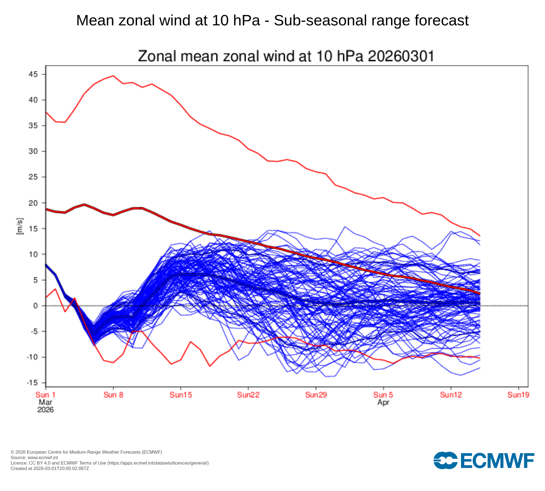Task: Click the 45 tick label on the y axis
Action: point(33,74)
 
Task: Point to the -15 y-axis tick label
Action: point(32,383)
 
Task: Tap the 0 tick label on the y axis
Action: point(35,306)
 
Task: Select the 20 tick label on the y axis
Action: point(33,203)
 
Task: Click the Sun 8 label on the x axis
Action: point(113,395)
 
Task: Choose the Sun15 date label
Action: point(181,395)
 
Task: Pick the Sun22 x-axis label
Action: point(248,395)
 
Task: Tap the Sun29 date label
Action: point(316,395)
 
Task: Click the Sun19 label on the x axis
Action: point(518,395)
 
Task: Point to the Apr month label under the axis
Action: point(383,402)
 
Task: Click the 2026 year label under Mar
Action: point(46,410)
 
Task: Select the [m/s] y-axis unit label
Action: point(20,226)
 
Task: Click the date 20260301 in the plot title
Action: point(401,56)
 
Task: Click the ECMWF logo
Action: point(484,460)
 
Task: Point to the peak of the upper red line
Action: point(113,76)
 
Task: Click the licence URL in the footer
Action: point(158,463)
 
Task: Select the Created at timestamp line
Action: point(50,468)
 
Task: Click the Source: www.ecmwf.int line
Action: point(34,457)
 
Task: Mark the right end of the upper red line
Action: point(480,236)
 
